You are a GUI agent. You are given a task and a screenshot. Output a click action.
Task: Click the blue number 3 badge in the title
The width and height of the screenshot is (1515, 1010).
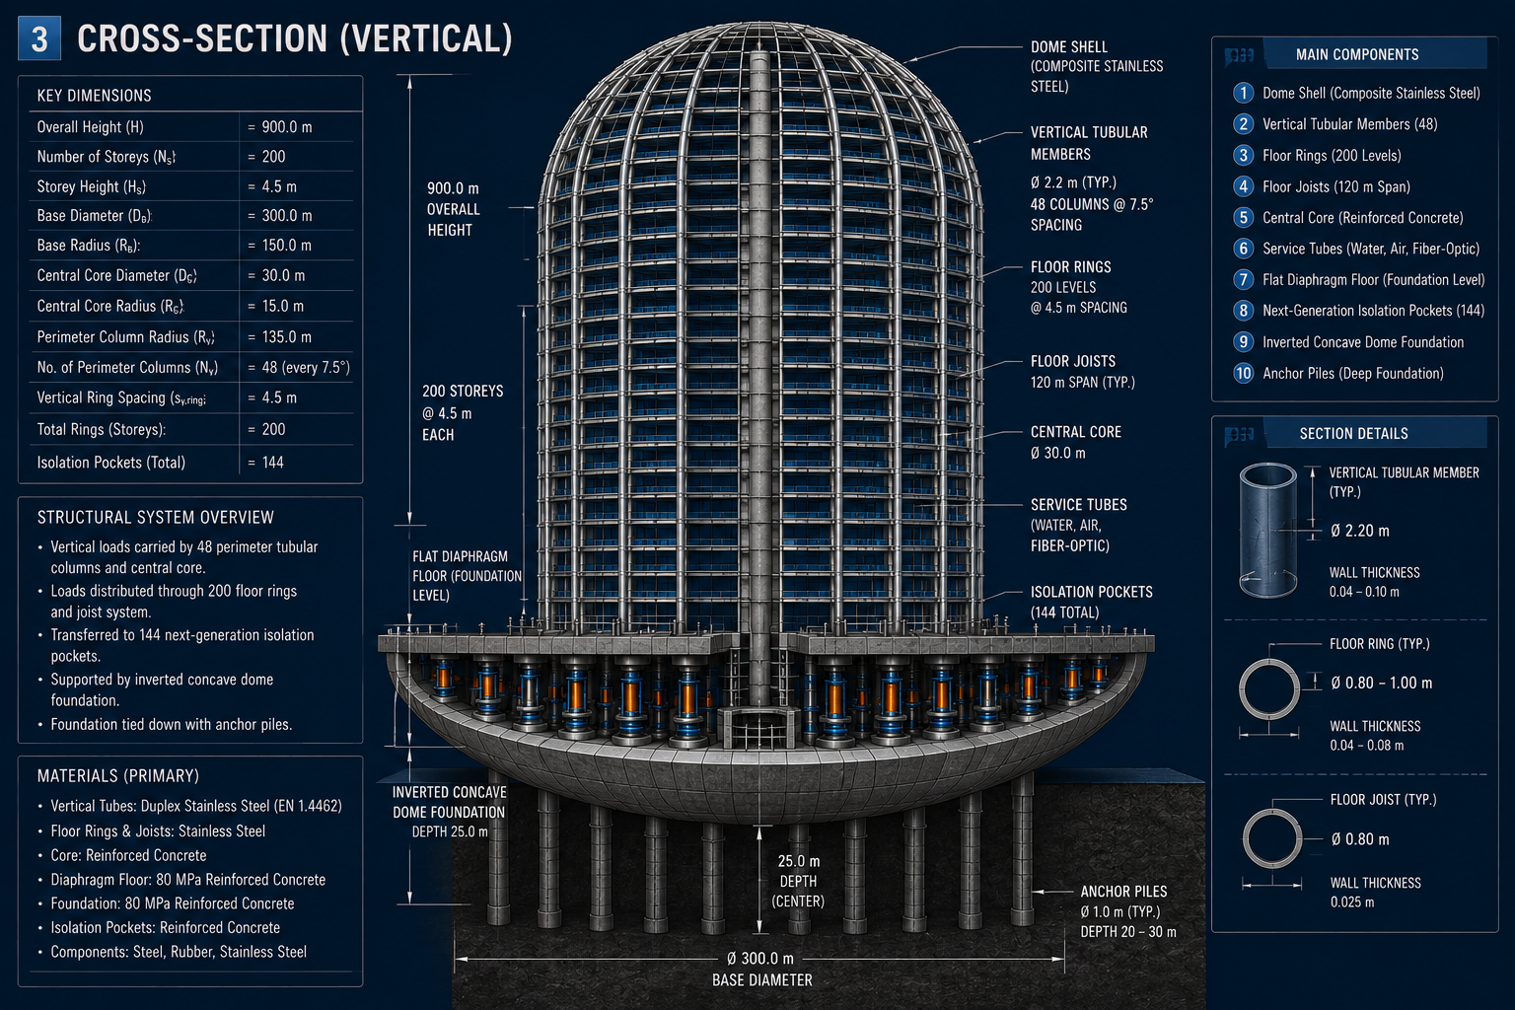pos(39,38)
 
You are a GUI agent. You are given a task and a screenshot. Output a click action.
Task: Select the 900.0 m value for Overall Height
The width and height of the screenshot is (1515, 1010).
pos(287,127)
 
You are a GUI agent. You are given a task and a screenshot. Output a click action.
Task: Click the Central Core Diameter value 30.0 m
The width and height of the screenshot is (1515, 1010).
pos(283,276)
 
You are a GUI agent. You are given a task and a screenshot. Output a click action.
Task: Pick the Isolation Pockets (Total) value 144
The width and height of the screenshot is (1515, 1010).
pos(272,463)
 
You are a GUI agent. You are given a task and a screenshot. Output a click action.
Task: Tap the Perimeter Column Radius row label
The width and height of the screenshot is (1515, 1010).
pos(126,337)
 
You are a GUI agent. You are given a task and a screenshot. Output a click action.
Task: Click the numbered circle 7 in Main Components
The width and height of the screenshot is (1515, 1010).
pos(1243,279)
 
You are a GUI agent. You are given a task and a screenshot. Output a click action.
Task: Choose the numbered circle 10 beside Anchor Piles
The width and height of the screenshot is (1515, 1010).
pos(1243,373)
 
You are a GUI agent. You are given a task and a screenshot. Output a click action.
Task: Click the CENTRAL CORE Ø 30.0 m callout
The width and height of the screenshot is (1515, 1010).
pos(1075,443)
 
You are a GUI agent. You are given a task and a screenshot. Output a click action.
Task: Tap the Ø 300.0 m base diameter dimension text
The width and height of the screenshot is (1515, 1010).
pos(760,959)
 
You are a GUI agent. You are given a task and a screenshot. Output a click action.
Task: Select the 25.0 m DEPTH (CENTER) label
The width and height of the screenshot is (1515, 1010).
pos(798,881)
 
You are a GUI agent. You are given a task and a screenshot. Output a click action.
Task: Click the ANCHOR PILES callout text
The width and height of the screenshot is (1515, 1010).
pos(1123,892)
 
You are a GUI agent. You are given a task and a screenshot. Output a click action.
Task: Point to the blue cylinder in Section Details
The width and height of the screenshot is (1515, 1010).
pos(1267,531)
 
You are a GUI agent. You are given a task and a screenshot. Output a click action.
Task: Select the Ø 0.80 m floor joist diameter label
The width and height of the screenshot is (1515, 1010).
pos(1360,839)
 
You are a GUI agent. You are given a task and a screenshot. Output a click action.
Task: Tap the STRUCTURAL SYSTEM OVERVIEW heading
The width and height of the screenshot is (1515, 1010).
pos(156,518)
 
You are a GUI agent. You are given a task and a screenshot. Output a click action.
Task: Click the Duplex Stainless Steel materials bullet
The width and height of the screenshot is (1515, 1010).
pos(196,807)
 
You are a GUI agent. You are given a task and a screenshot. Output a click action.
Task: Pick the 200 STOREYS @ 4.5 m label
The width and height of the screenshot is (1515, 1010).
pos(463,412)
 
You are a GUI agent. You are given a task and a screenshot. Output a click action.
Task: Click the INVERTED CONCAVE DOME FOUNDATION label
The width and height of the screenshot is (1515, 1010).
pos(449,802)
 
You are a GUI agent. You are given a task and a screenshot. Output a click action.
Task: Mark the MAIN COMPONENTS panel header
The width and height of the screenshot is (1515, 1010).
pos(1357,55)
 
